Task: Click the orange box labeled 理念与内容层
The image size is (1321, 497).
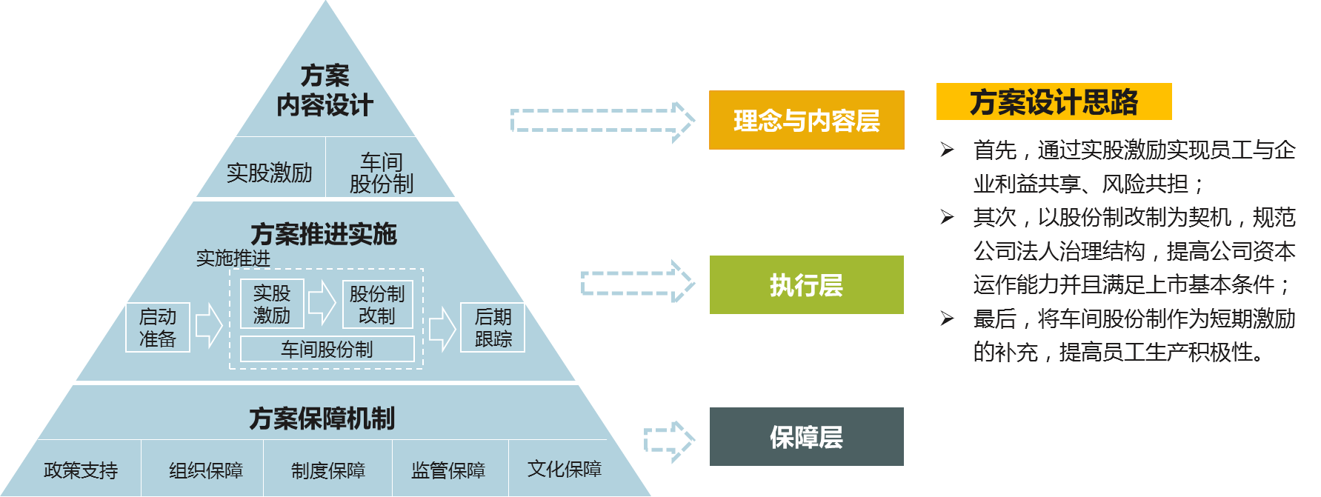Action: click(x=806, y=120)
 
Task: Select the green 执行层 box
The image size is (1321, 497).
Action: click(x=806, y=285)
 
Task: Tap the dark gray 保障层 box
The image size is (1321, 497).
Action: click(x=806, y=437)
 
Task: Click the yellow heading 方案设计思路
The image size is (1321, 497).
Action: click(x=1054, y=102)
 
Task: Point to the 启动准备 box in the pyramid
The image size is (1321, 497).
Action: click(x=158, y=327)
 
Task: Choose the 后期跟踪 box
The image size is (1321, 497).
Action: click(x=493, y=327)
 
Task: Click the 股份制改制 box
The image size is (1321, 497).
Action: click(x=377, y=304)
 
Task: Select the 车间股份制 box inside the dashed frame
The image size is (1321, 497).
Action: click(x=327, y=349)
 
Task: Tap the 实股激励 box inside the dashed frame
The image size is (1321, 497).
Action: click(x=272, y=304)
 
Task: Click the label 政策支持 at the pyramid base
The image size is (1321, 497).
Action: click(x=81, y=470)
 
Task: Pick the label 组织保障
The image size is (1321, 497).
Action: click(x=206, y=470)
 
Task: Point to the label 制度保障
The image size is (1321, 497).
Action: click(x=328, y=470)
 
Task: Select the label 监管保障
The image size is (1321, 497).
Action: click(x=448, y=470)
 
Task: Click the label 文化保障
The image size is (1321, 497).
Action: click(x=565, y=469)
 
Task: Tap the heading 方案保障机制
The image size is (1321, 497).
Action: click(x=322, y=418)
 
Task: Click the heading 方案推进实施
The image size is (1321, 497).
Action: click(x=324, y=234)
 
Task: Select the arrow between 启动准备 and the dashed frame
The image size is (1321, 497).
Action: click(x=209, y=326)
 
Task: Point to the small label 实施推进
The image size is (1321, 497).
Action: click(x=233, y=258)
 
